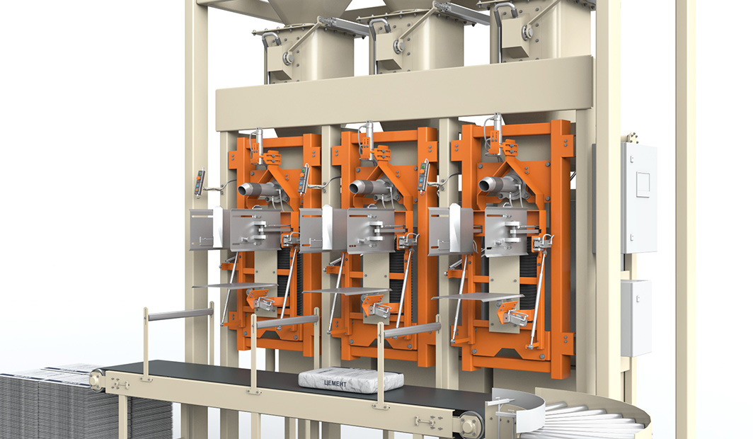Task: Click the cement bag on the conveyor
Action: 351,380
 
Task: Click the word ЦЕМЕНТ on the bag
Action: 335,383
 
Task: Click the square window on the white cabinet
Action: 643,184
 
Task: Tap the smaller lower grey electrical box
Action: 636,318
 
